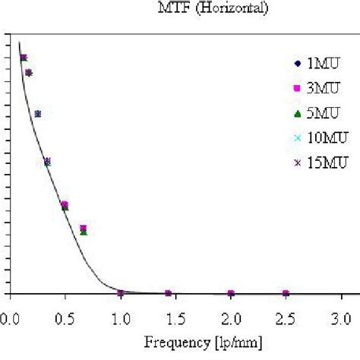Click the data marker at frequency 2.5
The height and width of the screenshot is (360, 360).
pyautogui.click(x=286, y=293)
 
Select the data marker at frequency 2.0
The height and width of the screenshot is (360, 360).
pyautogui.click(x=231, y=293)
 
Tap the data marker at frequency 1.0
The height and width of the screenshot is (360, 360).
pyautogui.click(x=121, y=292)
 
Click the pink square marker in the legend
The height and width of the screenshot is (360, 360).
pyautogui.click(x=297, y=89)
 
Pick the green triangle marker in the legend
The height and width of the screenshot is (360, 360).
pyautogui.click(x=297, y=113)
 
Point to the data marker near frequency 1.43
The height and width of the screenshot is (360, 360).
pyautogui.click(x=169, y=293)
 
